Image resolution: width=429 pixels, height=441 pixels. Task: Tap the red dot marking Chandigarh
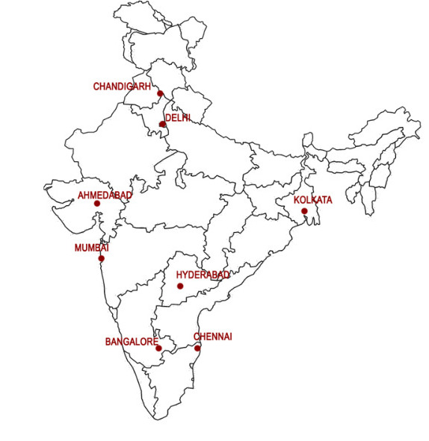click(x=160, y=94)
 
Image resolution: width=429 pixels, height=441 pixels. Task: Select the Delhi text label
click(x=178, y=118)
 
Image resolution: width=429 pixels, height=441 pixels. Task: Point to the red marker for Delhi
click(x=162, y=125)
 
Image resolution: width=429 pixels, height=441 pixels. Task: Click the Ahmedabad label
click(x=105, y=196)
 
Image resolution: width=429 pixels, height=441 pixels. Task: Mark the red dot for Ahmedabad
click(x=97, y=203)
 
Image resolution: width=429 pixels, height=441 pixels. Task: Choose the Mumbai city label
click(x=92, y=248)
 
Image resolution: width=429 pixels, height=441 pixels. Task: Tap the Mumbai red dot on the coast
click(x=101, y=258)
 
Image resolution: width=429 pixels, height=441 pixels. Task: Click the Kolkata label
click(x=312, y=201)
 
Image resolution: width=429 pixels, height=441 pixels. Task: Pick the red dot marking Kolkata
click(x=304, y=211)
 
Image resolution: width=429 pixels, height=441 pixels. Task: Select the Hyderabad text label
click(x=203, y=275)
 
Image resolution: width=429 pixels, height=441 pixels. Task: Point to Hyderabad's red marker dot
click(x=180, y=286)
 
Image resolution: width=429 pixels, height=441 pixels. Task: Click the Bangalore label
click(x=132, y=342)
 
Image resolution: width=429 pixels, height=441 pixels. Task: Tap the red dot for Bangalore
click(x=158, y=348)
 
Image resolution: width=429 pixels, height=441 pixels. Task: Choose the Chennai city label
click(x=213, y=337)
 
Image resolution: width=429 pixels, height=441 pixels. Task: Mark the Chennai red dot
click(x=197, y=348)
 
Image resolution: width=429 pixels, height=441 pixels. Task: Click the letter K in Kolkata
click(x=297, y=201)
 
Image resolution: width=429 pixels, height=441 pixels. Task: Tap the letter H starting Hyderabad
click(x=179, y=275)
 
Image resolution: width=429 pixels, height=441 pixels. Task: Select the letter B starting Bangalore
click(x=108, y=342)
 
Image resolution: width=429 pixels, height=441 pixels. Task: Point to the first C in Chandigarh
click(x=96, y=87)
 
